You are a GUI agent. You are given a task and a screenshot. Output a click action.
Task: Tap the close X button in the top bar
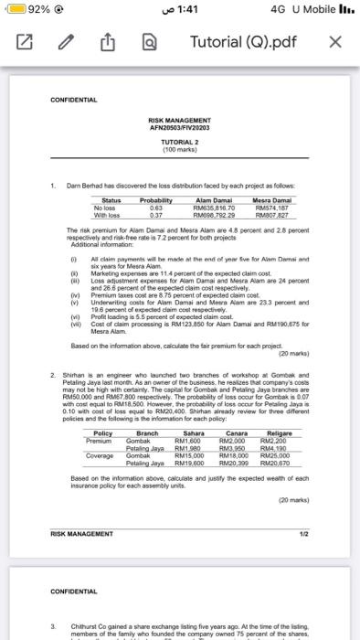[x=335, y=43]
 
